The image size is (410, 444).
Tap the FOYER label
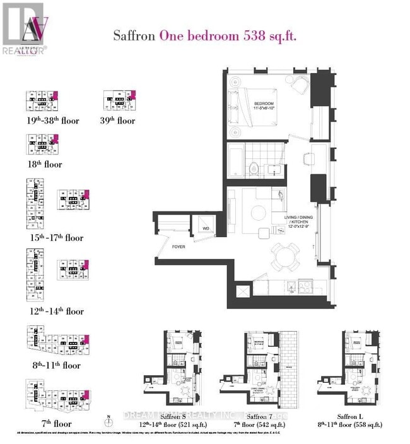179,247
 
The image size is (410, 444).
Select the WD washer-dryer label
206,228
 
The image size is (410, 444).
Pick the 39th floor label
119,120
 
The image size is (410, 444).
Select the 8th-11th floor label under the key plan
53,365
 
